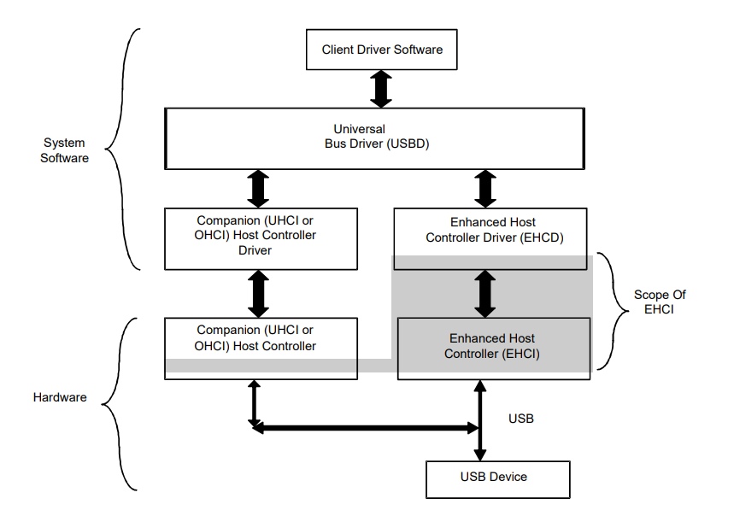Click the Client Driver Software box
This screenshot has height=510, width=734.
pyautogui.click(x=382, y=50)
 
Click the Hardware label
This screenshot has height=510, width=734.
pyautogui.click(x=59, y=397)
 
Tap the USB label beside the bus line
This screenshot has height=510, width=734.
pyautogui.click(x=521, y=420)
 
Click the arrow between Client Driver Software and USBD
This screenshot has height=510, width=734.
pyautogui.click(x=381, y=88)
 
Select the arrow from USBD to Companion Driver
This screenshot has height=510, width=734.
pyautogui.click(x=257, y=187)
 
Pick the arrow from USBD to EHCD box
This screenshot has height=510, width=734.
pyautogui.click(x=484, y=187)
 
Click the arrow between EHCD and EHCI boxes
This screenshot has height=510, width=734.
pyautogui.click(x=484, y=293)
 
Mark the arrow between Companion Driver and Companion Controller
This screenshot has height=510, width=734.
pyautogui.click(x=257, y=293)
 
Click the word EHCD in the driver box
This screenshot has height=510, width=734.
pyautogui.click(x=542, y=237)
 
